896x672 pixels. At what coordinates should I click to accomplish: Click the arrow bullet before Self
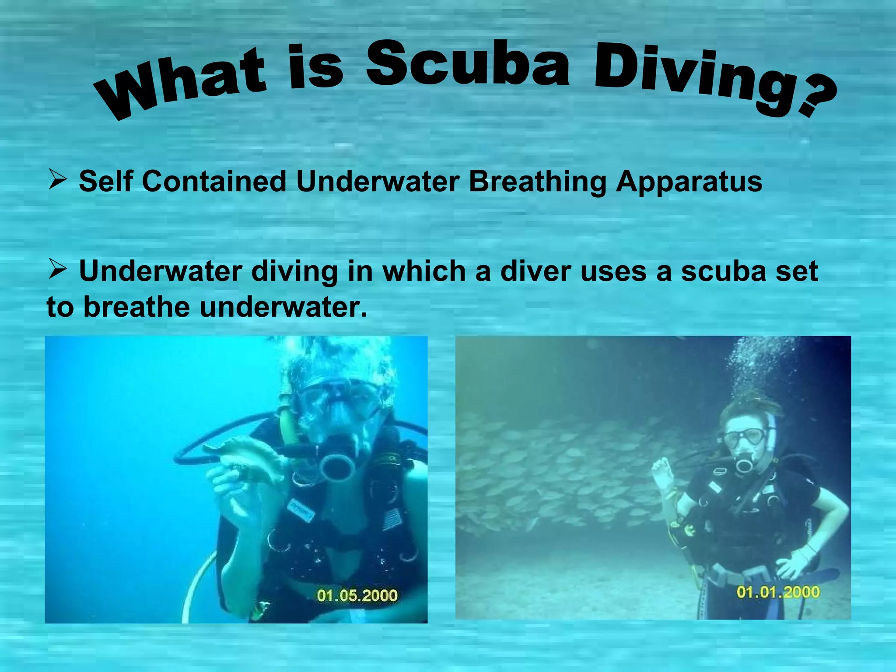point(57,180)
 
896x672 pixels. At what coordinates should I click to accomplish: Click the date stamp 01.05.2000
point(357,595)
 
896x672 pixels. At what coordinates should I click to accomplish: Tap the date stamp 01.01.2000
point(778,592)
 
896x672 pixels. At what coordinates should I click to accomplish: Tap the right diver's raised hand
point(662,472)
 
